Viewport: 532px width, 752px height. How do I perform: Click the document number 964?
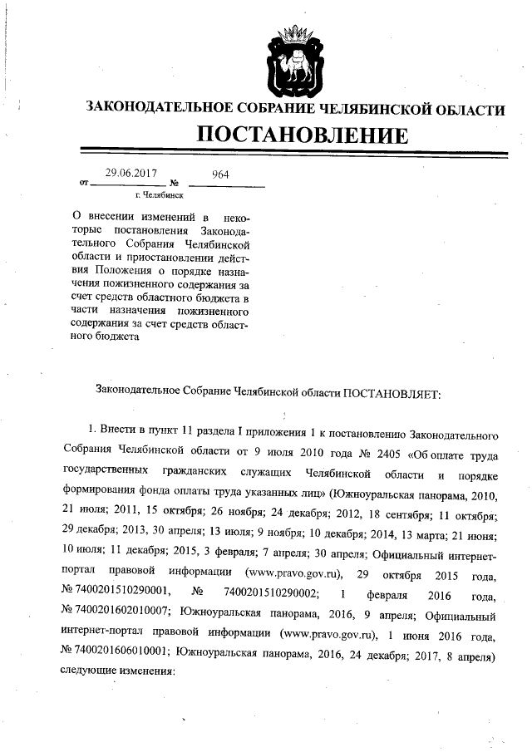pos(220,174)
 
